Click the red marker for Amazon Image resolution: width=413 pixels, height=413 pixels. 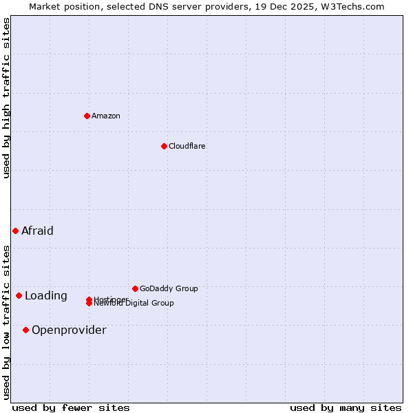coord(87,116)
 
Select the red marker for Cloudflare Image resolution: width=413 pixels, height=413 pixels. coord(164,146)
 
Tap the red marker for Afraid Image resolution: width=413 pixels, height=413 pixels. coord(15,231)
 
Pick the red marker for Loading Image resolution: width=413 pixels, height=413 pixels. coord(19,295)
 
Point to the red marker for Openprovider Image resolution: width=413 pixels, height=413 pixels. coord(25,330)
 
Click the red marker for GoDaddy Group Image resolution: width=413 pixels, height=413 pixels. coord(135,288)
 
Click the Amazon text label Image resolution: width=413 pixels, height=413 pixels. coord(106,116)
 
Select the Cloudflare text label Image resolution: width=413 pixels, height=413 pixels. coord(187,146)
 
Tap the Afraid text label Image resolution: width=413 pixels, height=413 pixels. coord(37,231)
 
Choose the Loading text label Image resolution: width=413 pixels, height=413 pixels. coord(45,296)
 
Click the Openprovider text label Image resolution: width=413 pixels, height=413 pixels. coord(69,330)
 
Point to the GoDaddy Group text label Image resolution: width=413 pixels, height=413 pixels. coord(169,288)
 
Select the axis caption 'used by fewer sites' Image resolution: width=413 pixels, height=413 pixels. coord(71,408)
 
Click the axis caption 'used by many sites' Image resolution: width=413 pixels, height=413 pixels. coord(346,408)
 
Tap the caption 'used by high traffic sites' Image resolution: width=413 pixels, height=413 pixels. coord(6,98)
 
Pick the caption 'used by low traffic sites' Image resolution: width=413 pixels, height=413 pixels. coord(6,321)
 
